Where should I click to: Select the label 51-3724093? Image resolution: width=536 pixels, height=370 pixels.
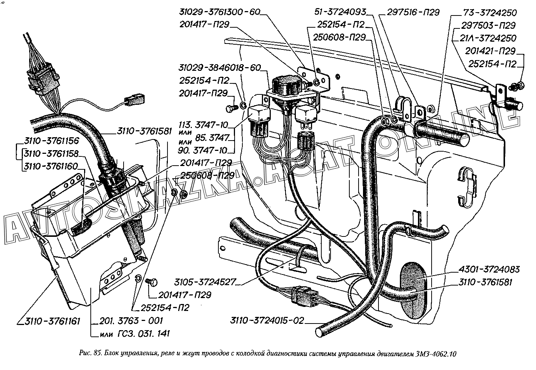340,12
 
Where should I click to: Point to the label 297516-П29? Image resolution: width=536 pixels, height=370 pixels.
413,12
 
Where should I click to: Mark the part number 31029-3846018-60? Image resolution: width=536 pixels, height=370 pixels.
220,68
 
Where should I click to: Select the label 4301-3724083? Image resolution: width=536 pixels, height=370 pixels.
489,269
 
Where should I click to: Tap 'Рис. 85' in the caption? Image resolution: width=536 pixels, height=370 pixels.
90,355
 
